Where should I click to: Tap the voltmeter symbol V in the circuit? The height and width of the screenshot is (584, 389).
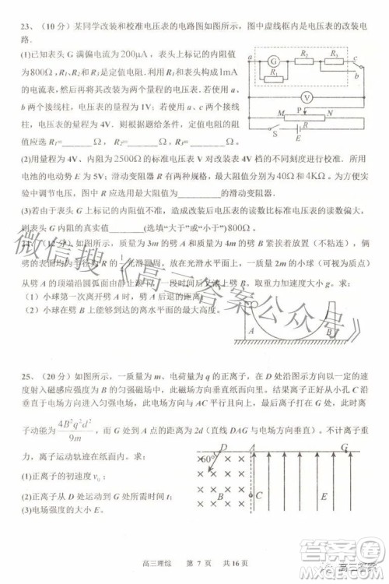click(307, 97)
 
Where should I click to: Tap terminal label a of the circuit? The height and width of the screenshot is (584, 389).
click(251, 58)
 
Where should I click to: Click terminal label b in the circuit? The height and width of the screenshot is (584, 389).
click(357, 77)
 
